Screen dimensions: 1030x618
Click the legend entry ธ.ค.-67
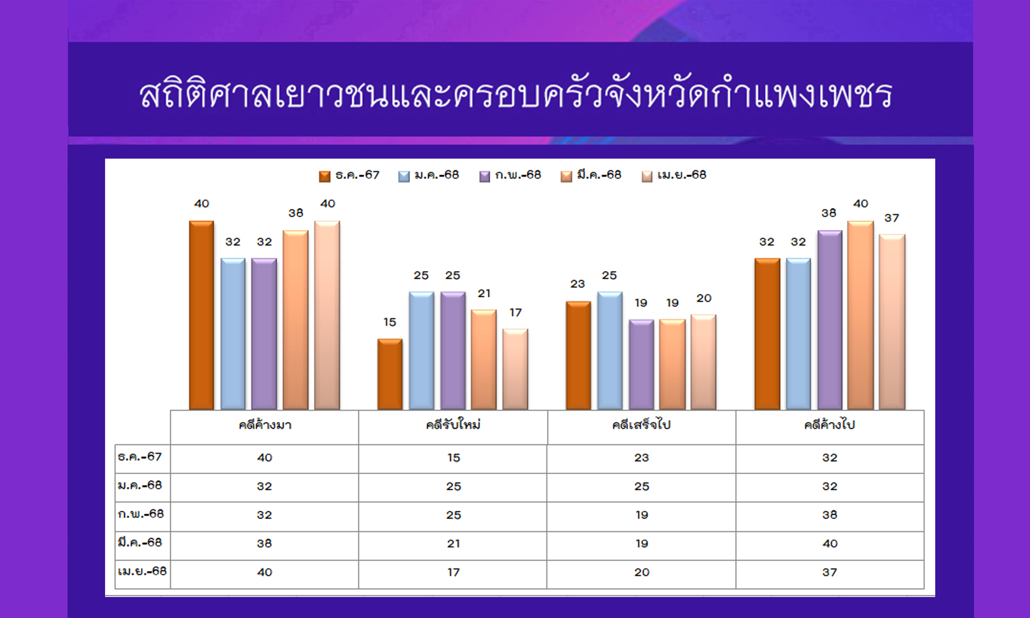coord(349,176)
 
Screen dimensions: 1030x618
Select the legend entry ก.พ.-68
coord(510,176)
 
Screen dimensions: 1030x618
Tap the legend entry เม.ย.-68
coord(674,176)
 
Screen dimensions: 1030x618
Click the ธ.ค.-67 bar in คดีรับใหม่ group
coord(390,374)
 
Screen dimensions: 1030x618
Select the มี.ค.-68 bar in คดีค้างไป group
coord(861,315)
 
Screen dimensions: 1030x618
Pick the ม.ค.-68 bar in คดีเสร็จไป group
coord(610,351)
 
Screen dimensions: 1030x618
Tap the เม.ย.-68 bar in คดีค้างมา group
coord(327,315)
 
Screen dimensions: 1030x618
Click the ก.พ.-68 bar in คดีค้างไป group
coord(830,320)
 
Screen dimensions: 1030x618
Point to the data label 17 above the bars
coord(515,312)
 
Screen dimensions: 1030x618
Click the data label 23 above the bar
coord(578,283)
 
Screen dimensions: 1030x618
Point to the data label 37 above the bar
coord(892,218)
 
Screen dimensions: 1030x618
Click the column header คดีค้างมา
coord(265,425)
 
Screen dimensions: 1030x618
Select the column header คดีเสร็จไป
coord(641,425)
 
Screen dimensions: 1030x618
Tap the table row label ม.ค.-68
coord(140,485)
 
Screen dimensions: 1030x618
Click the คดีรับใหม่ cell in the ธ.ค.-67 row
coord(453,458)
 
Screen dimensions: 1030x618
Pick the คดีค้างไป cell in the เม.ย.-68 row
coord(830,572)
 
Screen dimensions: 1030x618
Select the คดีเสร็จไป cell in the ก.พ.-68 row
coord(641,515)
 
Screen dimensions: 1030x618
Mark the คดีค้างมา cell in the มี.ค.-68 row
coord(265,543)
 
